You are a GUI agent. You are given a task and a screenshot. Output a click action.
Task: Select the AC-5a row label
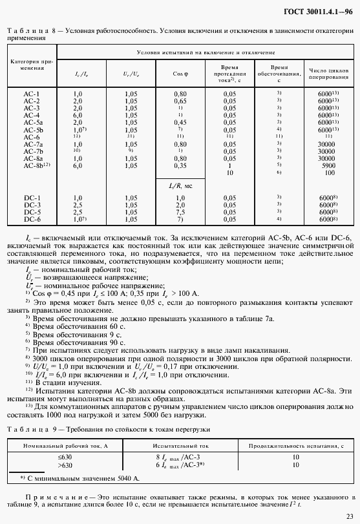(x=33, y=122)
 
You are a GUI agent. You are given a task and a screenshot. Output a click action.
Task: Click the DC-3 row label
(x=32, y=204)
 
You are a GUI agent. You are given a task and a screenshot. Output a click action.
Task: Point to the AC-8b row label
(x=35, y=165)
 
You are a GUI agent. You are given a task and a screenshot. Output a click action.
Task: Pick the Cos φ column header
(x=180, y=74)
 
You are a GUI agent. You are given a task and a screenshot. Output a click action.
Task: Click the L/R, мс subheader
(x=180, y=185)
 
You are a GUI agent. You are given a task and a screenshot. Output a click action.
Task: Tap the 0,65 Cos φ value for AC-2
(x=180, y=101)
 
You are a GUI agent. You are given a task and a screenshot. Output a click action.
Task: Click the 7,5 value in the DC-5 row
(x=180, y=212)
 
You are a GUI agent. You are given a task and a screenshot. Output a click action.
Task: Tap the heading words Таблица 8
(x=28, y=31)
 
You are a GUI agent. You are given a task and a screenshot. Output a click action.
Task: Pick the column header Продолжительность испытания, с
(x=297, y=446)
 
